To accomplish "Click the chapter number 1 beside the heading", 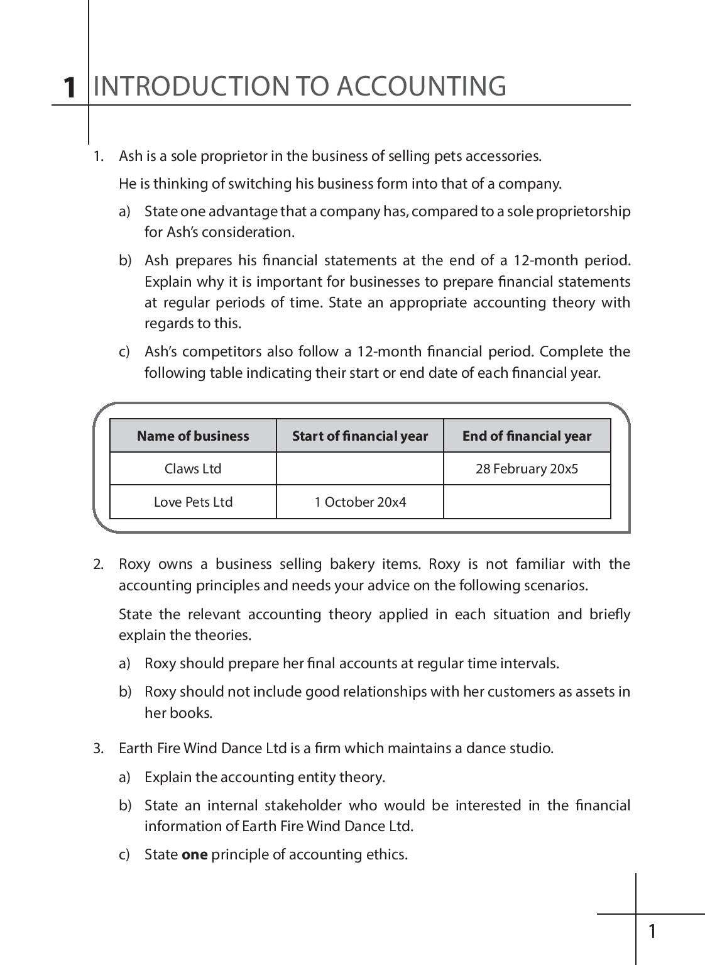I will (x=70, y=87).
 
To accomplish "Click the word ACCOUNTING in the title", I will (x=421, y=86).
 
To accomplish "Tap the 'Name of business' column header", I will (x=193, y=436).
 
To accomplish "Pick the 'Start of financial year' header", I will (x=359, y=436).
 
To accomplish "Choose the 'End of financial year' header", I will (x=527, y=436).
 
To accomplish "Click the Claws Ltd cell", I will (x=193, y=469).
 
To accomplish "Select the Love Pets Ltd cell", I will (x=193, y=502).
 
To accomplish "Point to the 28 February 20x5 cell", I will (x=527, y=469).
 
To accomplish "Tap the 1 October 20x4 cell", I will (x=359, y=502).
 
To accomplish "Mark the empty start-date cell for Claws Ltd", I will (x=359, y=469).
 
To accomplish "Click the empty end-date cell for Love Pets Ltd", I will (x=527, y=502).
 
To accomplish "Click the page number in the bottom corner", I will (x=652, y=931).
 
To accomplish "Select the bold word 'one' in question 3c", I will (x=194, y=854).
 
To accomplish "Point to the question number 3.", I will (x=98, y=748).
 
